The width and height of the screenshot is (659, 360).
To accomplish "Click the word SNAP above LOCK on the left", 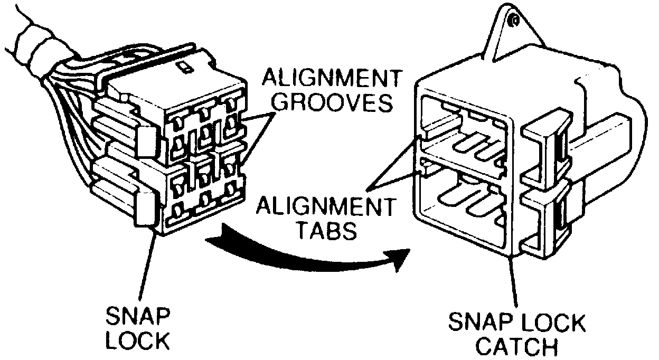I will (x=138, y=317).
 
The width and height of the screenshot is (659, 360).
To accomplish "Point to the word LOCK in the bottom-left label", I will (x=138, y=342).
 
